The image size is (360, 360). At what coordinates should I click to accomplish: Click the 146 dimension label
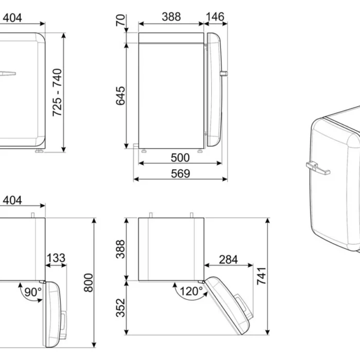pos(215,17)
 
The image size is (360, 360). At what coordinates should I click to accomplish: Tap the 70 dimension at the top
pos(120,20)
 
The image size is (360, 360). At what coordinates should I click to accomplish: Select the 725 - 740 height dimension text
pos(57,93)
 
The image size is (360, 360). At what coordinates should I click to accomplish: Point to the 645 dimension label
pos(120,96)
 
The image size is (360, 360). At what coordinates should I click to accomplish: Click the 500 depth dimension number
pos(180,158)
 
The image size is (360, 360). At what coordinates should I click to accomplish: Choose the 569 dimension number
pos(181,174)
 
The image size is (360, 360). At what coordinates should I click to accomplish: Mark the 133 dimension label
pos(56,258)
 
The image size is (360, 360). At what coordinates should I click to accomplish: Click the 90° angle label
pos(33,292)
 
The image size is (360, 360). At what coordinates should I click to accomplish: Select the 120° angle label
pos(191,292)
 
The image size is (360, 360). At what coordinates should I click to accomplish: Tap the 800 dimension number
pos(88,283)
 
